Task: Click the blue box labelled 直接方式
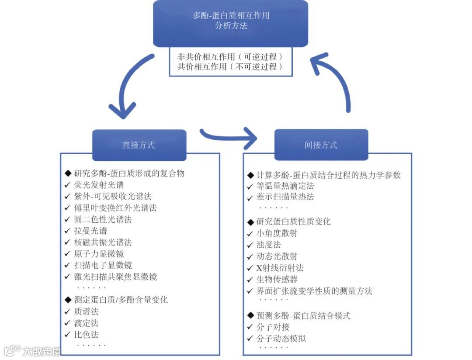[139, 145]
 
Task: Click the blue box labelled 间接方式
[321, 145]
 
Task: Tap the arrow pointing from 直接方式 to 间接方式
[229, 136]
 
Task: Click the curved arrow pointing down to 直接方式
[127, 87]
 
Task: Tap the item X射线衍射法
[280, 268]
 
